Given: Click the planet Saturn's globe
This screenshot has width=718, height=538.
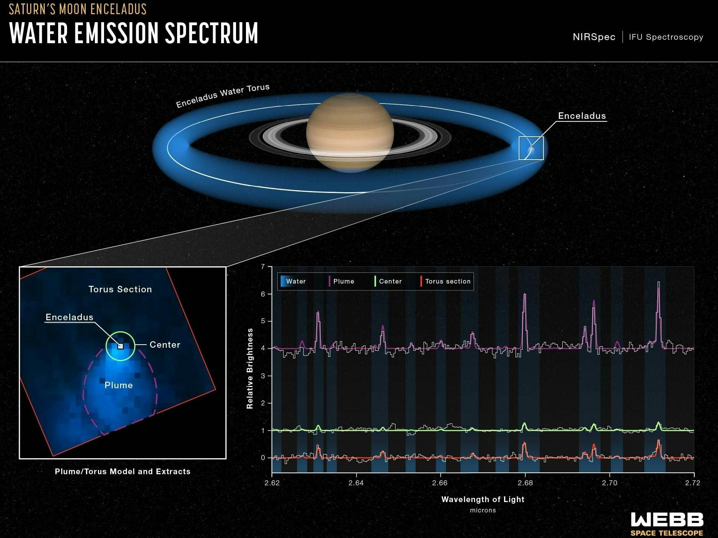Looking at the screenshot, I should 350,132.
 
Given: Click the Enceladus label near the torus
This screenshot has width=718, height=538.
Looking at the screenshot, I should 582,116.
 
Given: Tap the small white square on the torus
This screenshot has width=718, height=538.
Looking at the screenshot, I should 531,148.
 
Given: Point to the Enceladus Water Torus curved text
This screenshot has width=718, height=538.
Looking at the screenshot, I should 223,95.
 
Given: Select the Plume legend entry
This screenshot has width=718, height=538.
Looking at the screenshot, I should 343,281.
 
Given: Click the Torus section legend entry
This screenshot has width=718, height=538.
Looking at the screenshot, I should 447,281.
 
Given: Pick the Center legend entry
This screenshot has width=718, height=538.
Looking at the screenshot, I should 390,281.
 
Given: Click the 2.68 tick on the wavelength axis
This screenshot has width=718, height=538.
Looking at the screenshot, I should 525,483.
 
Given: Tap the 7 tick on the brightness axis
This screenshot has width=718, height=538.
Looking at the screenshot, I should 263,267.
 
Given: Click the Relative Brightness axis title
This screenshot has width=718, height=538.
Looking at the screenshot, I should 250,368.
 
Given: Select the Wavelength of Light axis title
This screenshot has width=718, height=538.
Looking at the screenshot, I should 483,499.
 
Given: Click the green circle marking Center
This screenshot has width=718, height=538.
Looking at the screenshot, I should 120,332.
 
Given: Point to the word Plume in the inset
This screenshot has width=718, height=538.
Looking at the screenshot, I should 119,385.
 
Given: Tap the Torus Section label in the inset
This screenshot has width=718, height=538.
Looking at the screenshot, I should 120,289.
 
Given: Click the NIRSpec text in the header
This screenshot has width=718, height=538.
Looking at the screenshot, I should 594,37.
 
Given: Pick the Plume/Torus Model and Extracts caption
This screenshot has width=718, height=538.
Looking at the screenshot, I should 122,472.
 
